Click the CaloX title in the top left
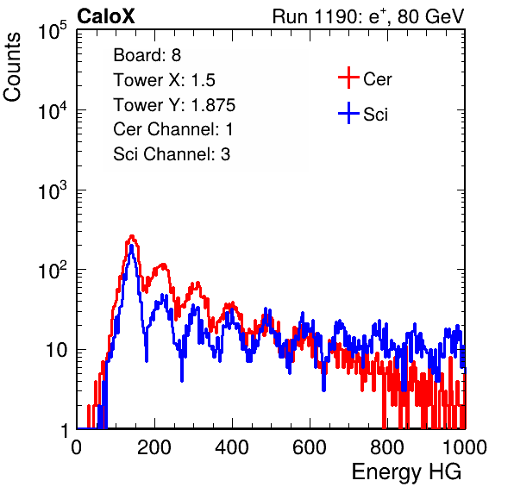[105, 16]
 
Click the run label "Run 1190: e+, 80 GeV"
[368, 16]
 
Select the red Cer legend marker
[348, 78]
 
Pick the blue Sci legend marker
[348, 113]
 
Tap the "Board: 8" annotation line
[147, 55]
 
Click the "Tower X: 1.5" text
[164, 80]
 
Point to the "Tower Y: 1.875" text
[174, 105]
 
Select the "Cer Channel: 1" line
[172, 129]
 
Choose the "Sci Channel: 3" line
[172, 154]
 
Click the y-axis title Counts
[12, 67]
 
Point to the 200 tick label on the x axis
[154, 447]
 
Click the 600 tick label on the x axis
[310, 447]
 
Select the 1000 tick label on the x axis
[465, 447]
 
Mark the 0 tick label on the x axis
[77, 447]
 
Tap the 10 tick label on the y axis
[56, 350]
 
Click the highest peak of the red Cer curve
[132, 236]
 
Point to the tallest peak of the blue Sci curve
[131, 246]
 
